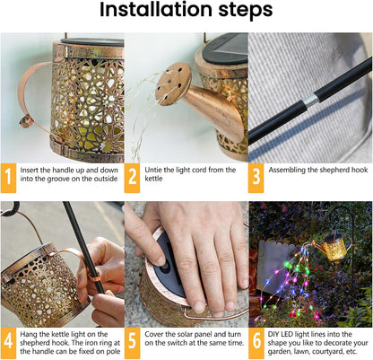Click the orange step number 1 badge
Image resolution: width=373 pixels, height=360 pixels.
[x=8, y=178]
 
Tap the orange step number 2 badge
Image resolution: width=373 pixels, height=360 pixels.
[x=132, y=178]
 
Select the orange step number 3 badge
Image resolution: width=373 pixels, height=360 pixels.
[x=256, y=178]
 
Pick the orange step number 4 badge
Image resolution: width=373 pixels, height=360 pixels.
[x=8, y=343]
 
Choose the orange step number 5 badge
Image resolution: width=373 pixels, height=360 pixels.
[x=132, y=343]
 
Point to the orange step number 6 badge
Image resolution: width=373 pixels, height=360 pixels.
[x=256, y=343]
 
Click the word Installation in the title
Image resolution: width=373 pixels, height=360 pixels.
[x=156, y=10]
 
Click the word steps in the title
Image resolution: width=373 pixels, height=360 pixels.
[x=246, y=11]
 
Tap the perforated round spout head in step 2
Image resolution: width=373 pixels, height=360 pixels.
[x=173, y=83]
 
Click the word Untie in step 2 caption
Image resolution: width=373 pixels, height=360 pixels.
[x=153, y=170]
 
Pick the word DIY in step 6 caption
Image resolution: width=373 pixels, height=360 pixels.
[x=273, y=334]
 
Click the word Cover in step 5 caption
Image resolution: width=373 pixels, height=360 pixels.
[x=153, y=334]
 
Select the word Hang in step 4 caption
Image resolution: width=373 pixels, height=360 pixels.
[x=29, y=335]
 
